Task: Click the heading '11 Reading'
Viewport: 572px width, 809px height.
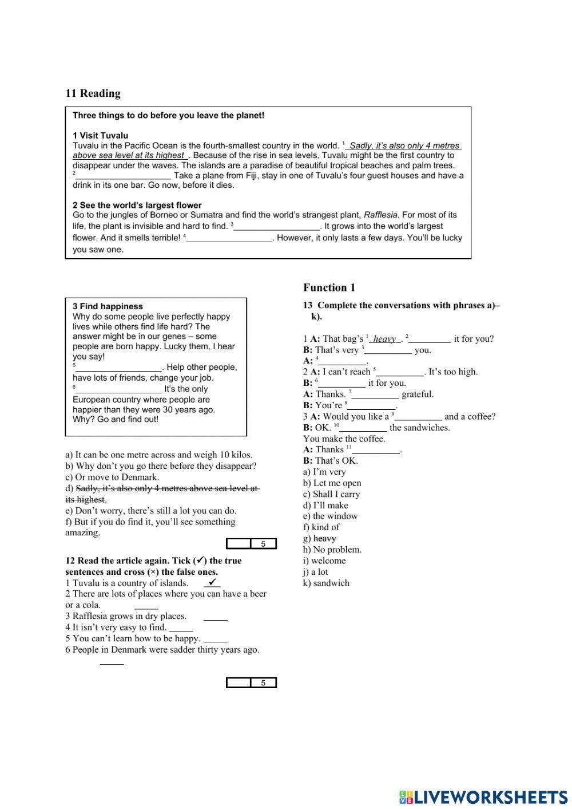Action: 93,93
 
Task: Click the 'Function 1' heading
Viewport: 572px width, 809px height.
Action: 329,287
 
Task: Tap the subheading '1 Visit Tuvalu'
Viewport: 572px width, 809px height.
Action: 100,136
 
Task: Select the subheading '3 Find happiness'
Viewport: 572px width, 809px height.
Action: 108,306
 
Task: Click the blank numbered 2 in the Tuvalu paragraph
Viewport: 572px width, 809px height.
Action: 124,176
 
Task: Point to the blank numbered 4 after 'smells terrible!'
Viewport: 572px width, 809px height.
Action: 229,238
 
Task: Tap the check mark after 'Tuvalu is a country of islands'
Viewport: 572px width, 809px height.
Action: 212,582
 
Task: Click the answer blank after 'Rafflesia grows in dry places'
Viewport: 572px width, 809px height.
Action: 215,617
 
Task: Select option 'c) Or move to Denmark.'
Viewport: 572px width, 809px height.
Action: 112,477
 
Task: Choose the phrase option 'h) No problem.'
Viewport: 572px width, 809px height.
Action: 332,550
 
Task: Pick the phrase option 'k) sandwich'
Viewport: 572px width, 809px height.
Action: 326,583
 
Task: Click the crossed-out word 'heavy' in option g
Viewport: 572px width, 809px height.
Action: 325,538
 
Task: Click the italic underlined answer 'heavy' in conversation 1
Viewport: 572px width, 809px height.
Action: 384,339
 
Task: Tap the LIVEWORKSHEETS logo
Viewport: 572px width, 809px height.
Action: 483,796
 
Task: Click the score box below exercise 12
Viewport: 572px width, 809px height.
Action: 251,682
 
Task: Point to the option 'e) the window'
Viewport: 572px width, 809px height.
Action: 330,516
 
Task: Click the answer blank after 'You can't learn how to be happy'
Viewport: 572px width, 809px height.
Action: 215,639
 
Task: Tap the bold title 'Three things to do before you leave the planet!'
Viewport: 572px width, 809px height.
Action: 168,116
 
